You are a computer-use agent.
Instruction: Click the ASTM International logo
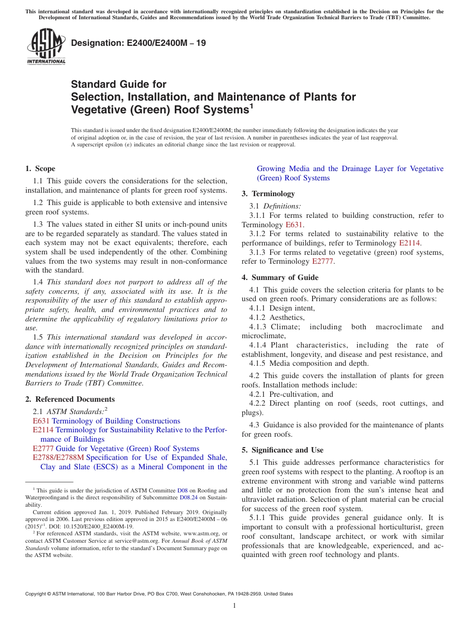point(45,47)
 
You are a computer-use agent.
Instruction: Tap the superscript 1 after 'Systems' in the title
point(251,105)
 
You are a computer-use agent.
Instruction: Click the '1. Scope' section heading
point(40,169)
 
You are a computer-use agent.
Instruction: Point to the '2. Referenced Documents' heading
point(70,399)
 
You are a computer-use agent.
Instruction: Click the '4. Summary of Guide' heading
point(280,278)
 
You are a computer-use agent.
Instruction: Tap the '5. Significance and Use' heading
point(282,450)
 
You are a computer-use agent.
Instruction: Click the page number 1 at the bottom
point(234,606)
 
